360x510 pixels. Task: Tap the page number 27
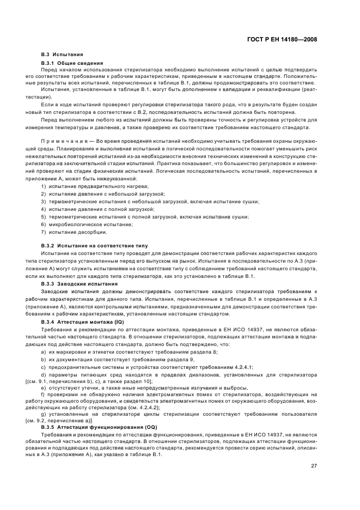(x=314, y=450)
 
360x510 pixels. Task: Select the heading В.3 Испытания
(x=62, y=55)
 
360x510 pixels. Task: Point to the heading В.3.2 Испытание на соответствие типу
(x=94, y=246)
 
